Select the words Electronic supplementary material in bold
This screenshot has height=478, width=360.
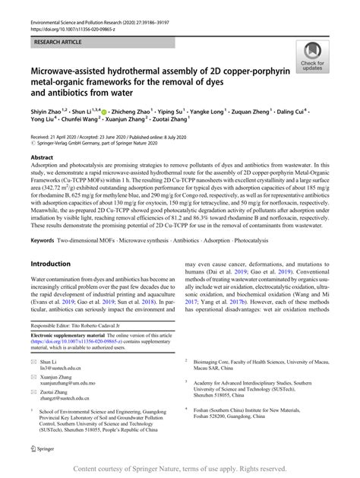72,356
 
